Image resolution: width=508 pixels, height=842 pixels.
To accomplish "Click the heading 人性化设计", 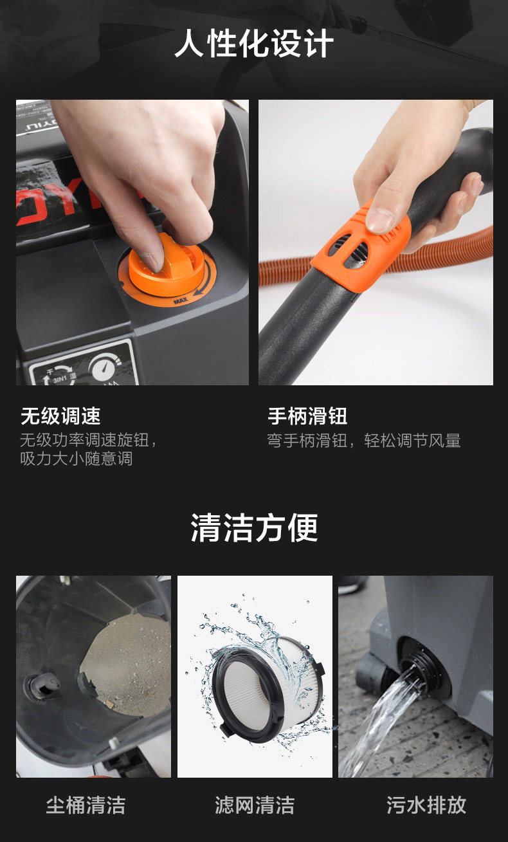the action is (254, 43).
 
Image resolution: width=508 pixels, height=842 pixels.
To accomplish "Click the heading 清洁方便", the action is (254, 527).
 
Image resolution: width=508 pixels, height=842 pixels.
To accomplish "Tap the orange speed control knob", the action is (167, 266).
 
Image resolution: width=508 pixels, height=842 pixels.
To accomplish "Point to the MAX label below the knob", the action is (181, 301).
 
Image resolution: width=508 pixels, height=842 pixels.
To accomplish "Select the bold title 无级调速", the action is (60, 416).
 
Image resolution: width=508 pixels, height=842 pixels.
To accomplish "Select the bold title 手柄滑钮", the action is (307, 416).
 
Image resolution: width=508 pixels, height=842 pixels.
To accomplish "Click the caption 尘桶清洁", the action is (86, 805).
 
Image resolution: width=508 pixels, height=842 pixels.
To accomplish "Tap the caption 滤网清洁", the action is (255, 805).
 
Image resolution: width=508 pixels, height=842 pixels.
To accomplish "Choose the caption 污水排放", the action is (426, 805).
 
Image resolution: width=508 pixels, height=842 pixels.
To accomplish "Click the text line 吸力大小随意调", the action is (77, 459).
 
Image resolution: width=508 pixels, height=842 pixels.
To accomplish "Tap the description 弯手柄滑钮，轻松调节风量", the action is (364, 441).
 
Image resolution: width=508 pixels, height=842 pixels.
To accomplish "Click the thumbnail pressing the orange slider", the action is (376, 242).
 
